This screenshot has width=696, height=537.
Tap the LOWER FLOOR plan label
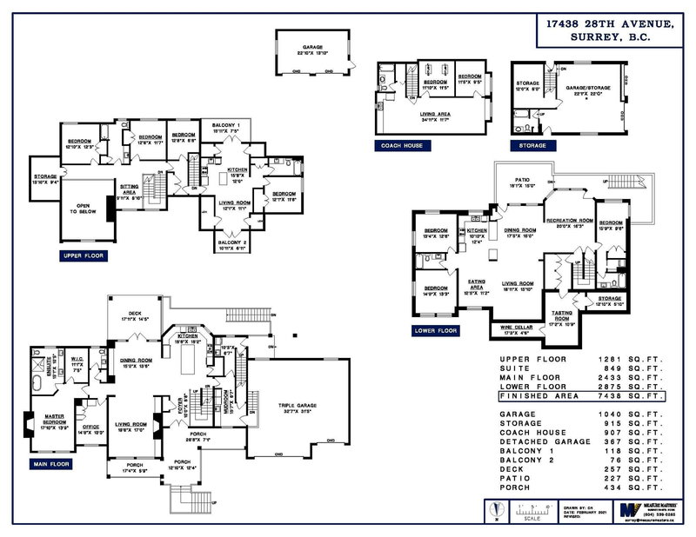pos(436,331)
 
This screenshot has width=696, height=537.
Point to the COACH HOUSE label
pos(401,145)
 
